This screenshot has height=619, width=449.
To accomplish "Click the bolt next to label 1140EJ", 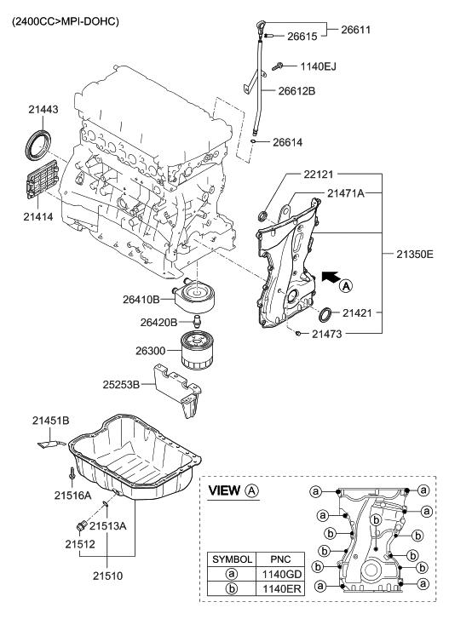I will (281, 66).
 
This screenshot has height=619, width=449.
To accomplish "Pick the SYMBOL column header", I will (233, 559).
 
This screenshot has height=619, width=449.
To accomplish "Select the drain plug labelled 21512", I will (83, 520).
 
